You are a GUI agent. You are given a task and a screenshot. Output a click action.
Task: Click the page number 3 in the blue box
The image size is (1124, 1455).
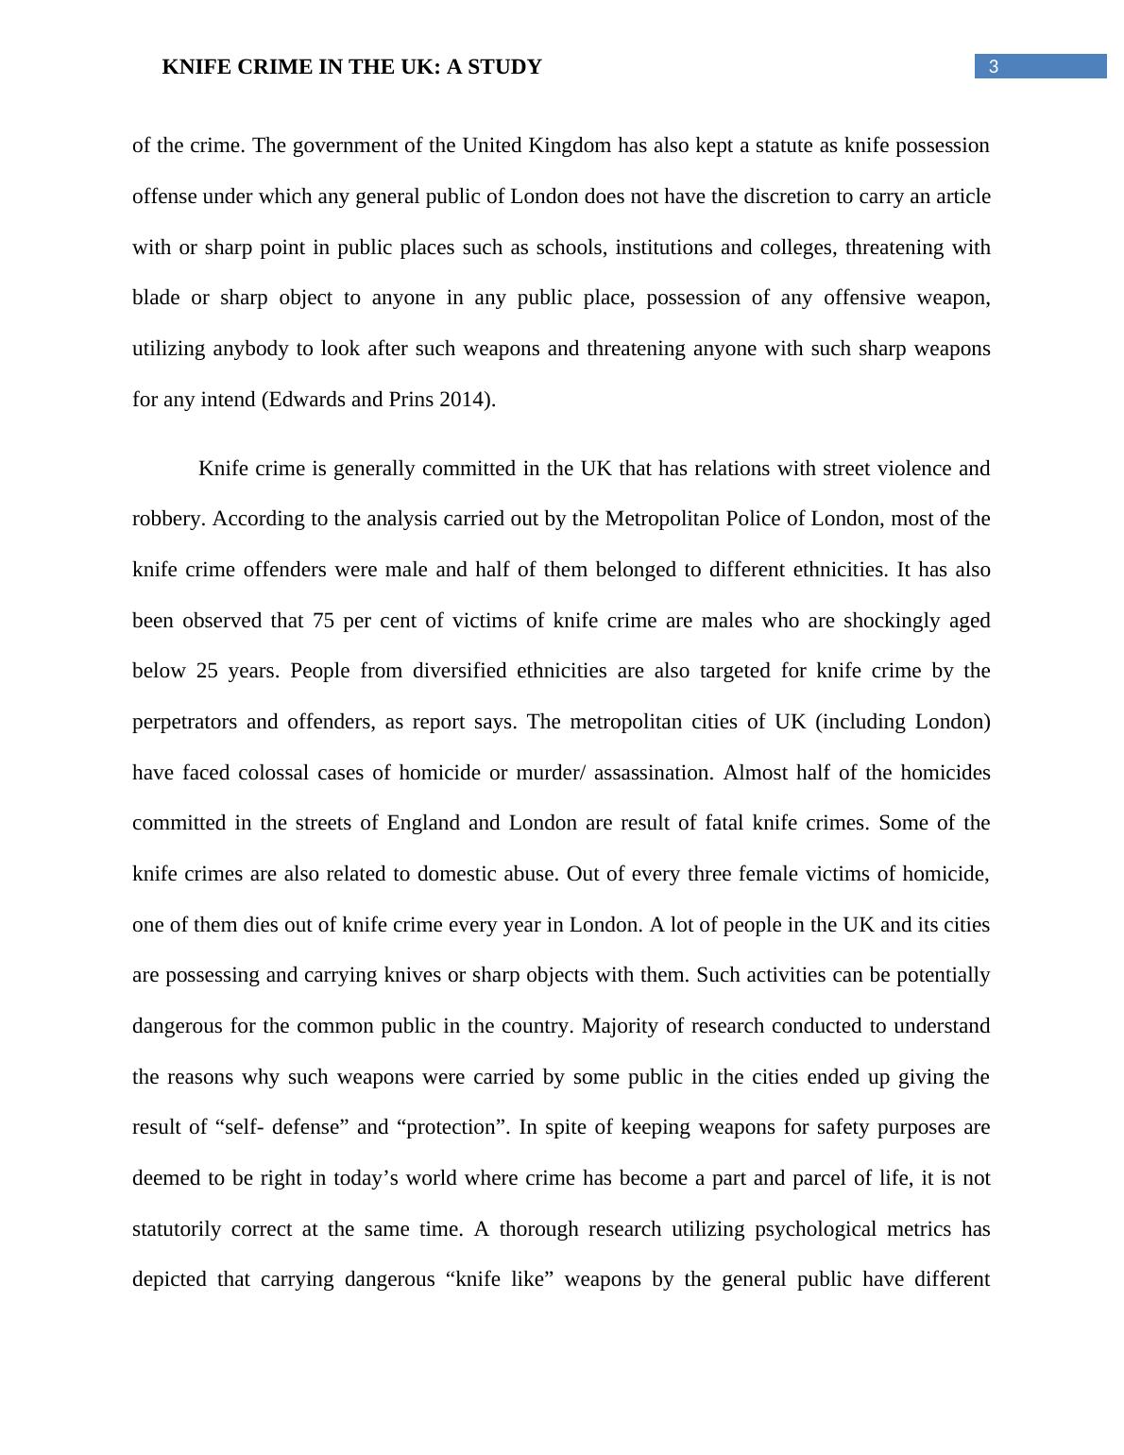pos(993,67)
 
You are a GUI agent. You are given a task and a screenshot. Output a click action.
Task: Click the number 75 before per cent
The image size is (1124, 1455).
pos(323,621)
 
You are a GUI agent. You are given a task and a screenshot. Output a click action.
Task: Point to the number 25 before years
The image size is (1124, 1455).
pos(208,672)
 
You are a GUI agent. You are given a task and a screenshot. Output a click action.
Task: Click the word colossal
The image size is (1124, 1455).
pos(273,773)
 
